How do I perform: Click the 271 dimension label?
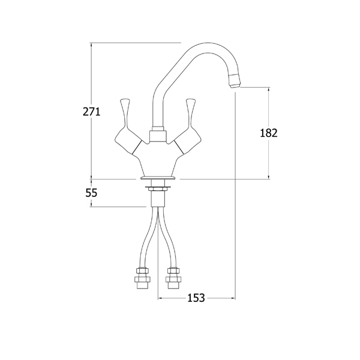tap(92, 112)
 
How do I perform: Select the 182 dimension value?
tap(269, 133)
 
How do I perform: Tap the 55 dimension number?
tap(91, 193)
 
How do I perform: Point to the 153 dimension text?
tap(196, 298)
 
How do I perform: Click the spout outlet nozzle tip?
tap(235, 83)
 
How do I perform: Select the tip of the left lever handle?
tap(125, 101)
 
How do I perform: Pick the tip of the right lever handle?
tap(191, 101)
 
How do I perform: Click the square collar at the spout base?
tap(158, 136)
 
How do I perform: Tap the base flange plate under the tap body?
tap(158, 178)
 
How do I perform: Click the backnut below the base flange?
tap(158, 189)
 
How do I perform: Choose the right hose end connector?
tap(173, 278)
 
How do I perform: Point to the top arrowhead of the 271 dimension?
tap(91, 45)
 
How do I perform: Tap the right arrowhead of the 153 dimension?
tap(233, 298)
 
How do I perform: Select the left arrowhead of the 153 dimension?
tap(160, 298)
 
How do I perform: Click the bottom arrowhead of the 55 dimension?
tap(91, 205)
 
